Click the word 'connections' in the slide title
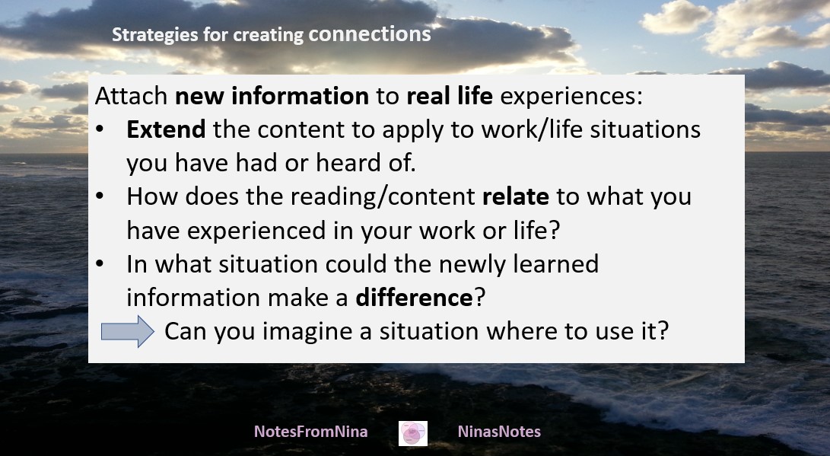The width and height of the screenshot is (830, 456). pyautogui.click(x=370, y=34)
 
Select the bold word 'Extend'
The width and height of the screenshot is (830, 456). pyautogui.click(x=166, y=129)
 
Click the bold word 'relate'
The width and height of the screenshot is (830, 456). pyautogui.click(x=516, y=197)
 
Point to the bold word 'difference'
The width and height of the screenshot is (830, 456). pyautogui.click(x=414, y=298)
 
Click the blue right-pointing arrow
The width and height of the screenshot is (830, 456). pyautogui.click(x=128, y=332)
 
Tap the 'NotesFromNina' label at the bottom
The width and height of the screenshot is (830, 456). pyautogui.click(x=310, y=432)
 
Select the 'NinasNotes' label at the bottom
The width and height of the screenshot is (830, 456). pyautogui.click(x=499, y=432)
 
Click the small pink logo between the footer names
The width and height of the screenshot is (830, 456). pyautogui.click(x=413, y=433)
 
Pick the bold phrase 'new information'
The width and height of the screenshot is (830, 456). pyautogui.click(x=272, y=96)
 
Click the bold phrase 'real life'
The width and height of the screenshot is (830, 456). pyautogui.click(x=450, y=96)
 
